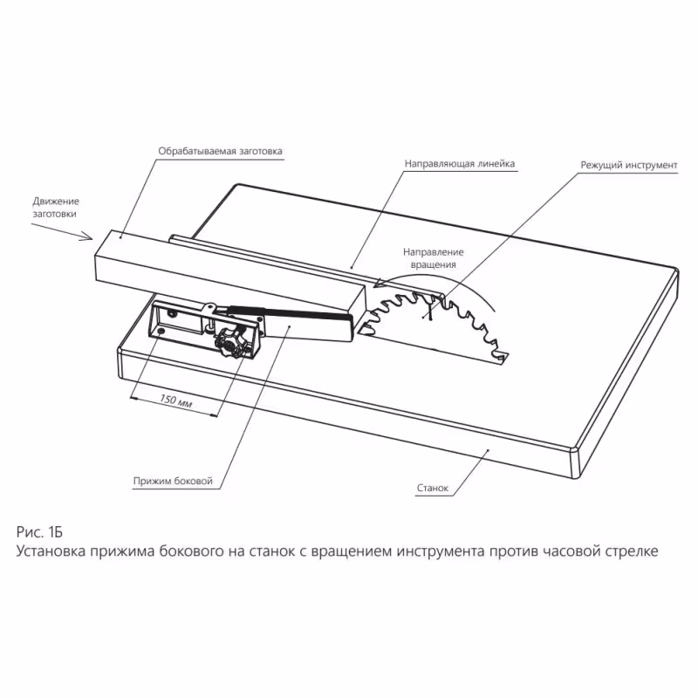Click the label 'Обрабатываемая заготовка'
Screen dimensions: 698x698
pyautogui.click(x=220, y=150)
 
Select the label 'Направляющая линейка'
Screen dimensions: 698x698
pyautogui.click(x=460, y=163)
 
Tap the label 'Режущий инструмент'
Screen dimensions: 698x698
pyautogui.click(x=628, y=164)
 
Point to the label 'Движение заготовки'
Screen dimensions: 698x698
pyautogui.click(x=56, y=206)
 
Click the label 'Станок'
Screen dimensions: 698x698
pyautogui.click(x=432, y=489)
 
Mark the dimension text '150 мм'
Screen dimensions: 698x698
pyautogui.click(x=176, y=402)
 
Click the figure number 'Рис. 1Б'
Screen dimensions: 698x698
pyautogui.click(x=41, y=531)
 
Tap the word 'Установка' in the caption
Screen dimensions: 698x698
pyautogui.click(x=53, y=552)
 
